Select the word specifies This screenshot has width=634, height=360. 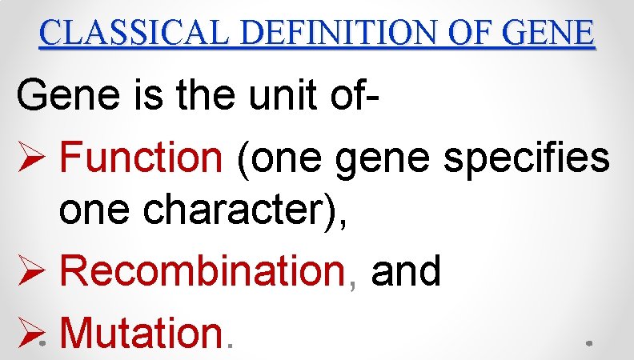coord(525,157)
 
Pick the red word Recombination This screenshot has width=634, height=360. coord(202,271)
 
